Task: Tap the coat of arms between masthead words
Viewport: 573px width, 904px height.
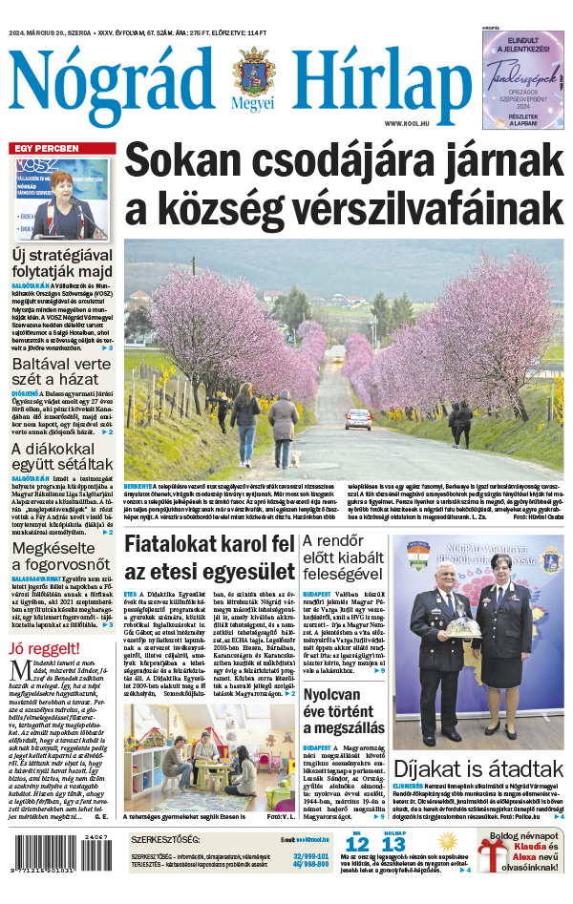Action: pyautogui.click(x=253, y=71)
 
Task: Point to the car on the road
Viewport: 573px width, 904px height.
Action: pyautogui.click(x=358, y=419)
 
